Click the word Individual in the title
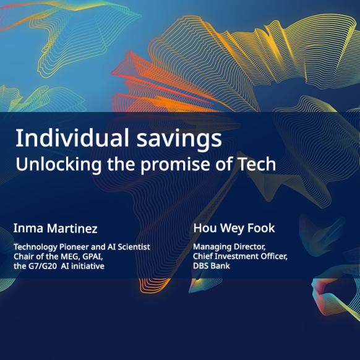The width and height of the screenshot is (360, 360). pos(72,138)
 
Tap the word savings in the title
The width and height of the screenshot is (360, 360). pos(179,140)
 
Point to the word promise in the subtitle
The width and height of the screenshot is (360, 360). pos(175,165)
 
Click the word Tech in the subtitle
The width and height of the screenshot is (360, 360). pos(257,164)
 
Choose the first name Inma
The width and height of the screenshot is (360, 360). pos(28,228)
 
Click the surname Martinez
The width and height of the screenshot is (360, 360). pos(72,228)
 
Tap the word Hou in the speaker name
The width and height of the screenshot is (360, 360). pos(205,228)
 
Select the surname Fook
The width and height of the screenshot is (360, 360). pos(261,228)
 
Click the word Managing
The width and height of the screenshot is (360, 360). pos(212,247)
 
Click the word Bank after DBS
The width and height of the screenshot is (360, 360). pos(220,266)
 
